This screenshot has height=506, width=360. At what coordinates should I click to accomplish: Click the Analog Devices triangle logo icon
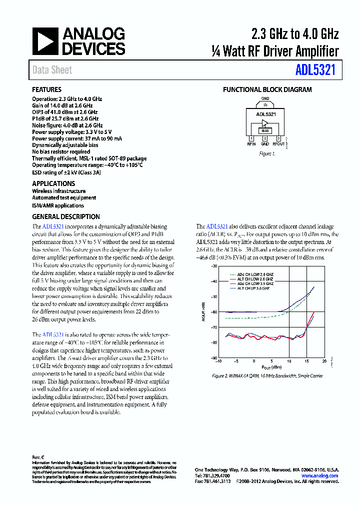(45, 41)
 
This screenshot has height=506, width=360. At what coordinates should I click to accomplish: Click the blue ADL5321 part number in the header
(315, 70)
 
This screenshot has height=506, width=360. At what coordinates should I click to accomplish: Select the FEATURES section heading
(47, 90)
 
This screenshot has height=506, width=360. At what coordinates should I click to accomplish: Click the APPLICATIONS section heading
(53, 183)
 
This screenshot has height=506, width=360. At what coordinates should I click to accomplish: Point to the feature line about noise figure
(67, 125)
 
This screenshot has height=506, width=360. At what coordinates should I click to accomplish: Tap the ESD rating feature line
(66, 172)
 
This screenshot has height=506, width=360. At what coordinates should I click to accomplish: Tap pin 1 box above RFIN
(251, 138)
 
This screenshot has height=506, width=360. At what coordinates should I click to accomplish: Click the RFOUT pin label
(279, 144)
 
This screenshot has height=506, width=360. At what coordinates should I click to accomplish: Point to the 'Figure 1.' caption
(267, 154)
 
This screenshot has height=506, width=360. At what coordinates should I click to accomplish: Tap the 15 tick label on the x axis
(306, 361)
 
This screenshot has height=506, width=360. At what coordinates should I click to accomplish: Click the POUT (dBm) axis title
(271, 367)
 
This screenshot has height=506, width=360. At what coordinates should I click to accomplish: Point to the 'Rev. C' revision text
(38, 457)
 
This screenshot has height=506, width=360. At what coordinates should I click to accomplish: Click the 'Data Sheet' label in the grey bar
(52, 70)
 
